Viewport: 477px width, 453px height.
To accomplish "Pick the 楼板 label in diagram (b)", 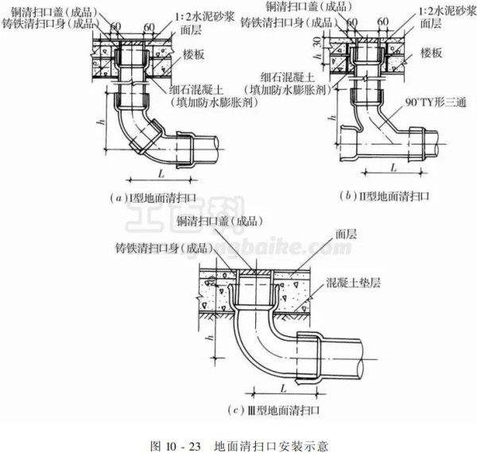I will (x=432, y=52).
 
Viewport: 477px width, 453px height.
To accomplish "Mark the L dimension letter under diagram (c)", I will (x=284, y=385).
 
